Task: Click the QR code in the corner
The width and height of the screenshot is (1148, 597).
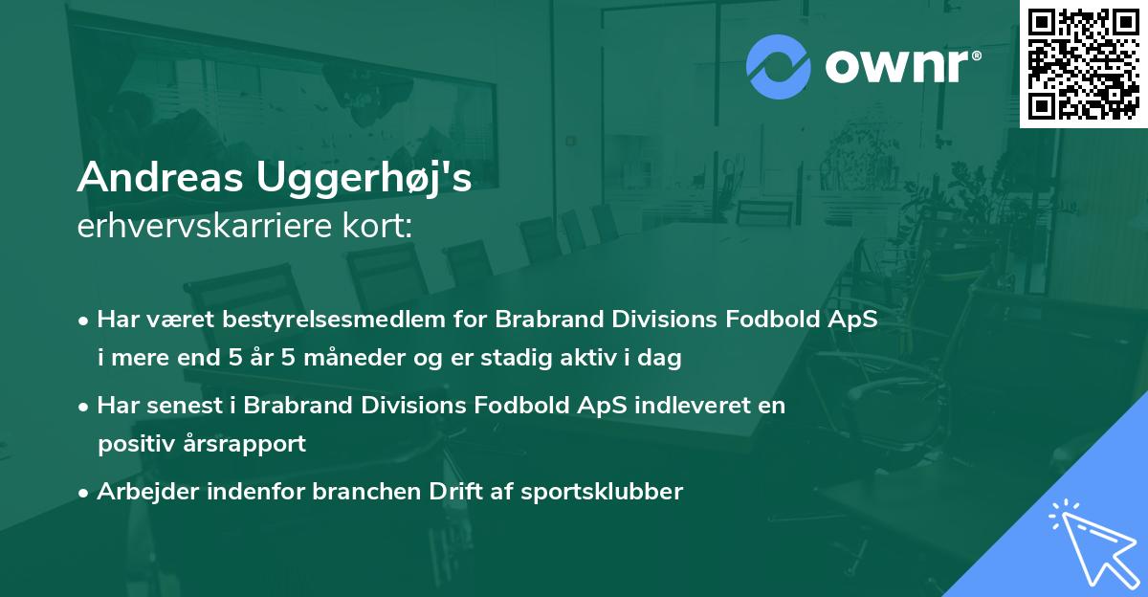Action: pos(1083,63)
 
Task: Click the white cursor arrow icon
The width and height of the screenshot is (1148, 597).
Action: pos(1091,540)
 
